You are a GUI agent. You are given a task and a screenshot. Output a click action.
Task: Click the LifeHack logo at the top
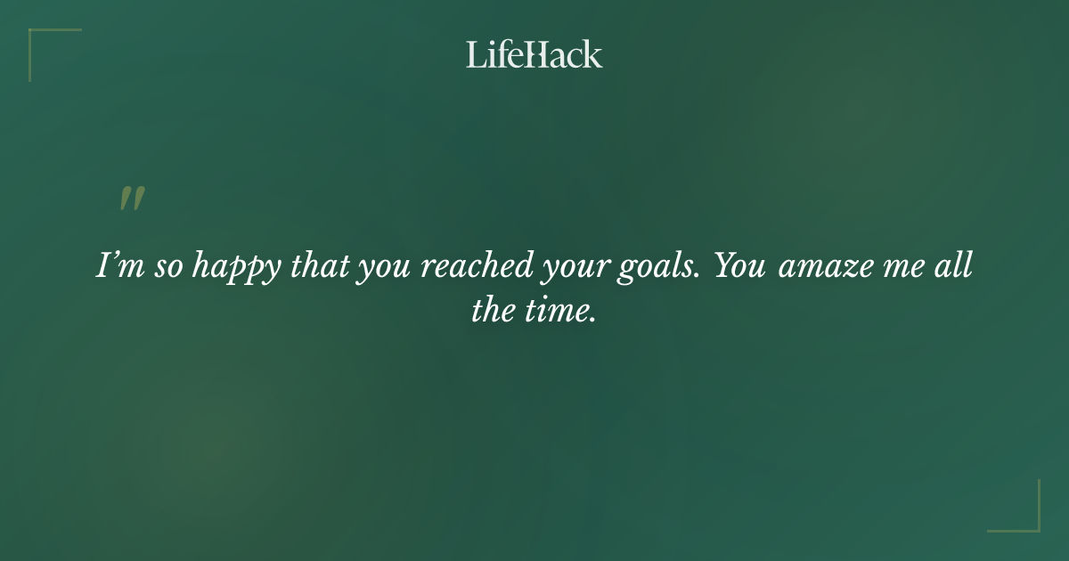[x=534, y=54]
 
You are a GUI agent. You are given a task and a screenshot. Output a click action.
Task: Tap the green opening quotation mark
[x=131, y=199]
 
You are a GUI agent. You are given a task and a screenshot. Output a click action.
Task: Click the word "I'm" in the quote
[x=118, y=266]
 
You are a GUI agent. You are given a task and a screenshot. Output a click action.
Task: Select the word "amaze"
[x=823, y=268]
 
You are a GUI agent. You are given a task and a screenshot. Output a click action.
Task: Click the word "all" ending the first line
[x=955, y=266]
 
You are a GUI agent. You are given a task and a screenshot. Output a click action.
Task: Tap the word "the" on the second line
[x=493, y=312]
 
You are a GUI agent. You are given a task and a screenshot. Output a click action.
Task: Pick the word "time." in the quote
[x=559, y=312]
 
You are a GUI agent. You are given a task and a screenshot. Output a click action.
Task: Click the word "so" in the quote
[x=167, y=268]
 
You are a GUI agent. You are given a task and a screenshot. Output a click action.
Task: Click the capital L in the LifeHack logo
[x=473, y=54]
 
